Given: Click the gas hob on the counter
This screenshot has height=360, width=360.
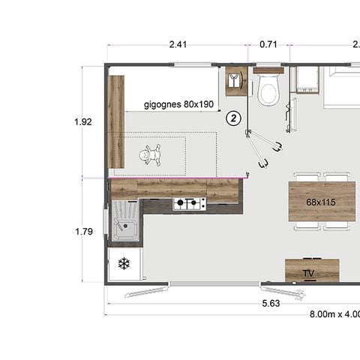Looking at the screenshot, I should (189, 203).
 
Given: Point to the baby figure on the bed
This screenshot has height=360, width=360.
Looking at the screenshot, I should (152, 155).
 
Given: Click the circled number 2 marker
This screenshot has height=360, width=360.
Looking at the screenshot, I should (234, 118).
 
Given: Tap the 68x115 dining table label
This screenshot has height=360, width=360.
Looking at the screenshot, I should (320, 202).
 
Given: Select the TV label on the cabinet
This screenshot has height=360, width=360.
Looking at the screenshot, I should (309, 273).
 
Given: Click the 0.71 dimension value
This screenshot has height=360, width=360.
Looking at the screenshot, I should (268, 45).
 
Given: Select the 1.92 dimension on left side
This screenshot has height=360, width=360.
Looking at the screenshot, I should (84, 121).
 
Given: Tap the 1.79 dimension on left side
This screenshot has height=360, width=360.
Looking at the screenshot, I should (84, 232).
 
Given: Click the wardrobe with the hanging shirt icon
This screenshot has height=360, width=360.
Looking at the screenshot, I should (237, 81).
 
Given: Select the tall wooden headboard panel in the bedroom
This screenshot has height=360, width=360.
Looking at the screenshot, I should (115, 121).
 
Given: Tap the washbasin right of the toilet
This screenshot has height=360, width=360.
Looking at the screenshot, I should (306, 80).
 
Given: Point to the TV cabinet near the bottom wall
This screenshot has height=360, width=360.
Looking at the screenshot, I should (312, 270).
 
